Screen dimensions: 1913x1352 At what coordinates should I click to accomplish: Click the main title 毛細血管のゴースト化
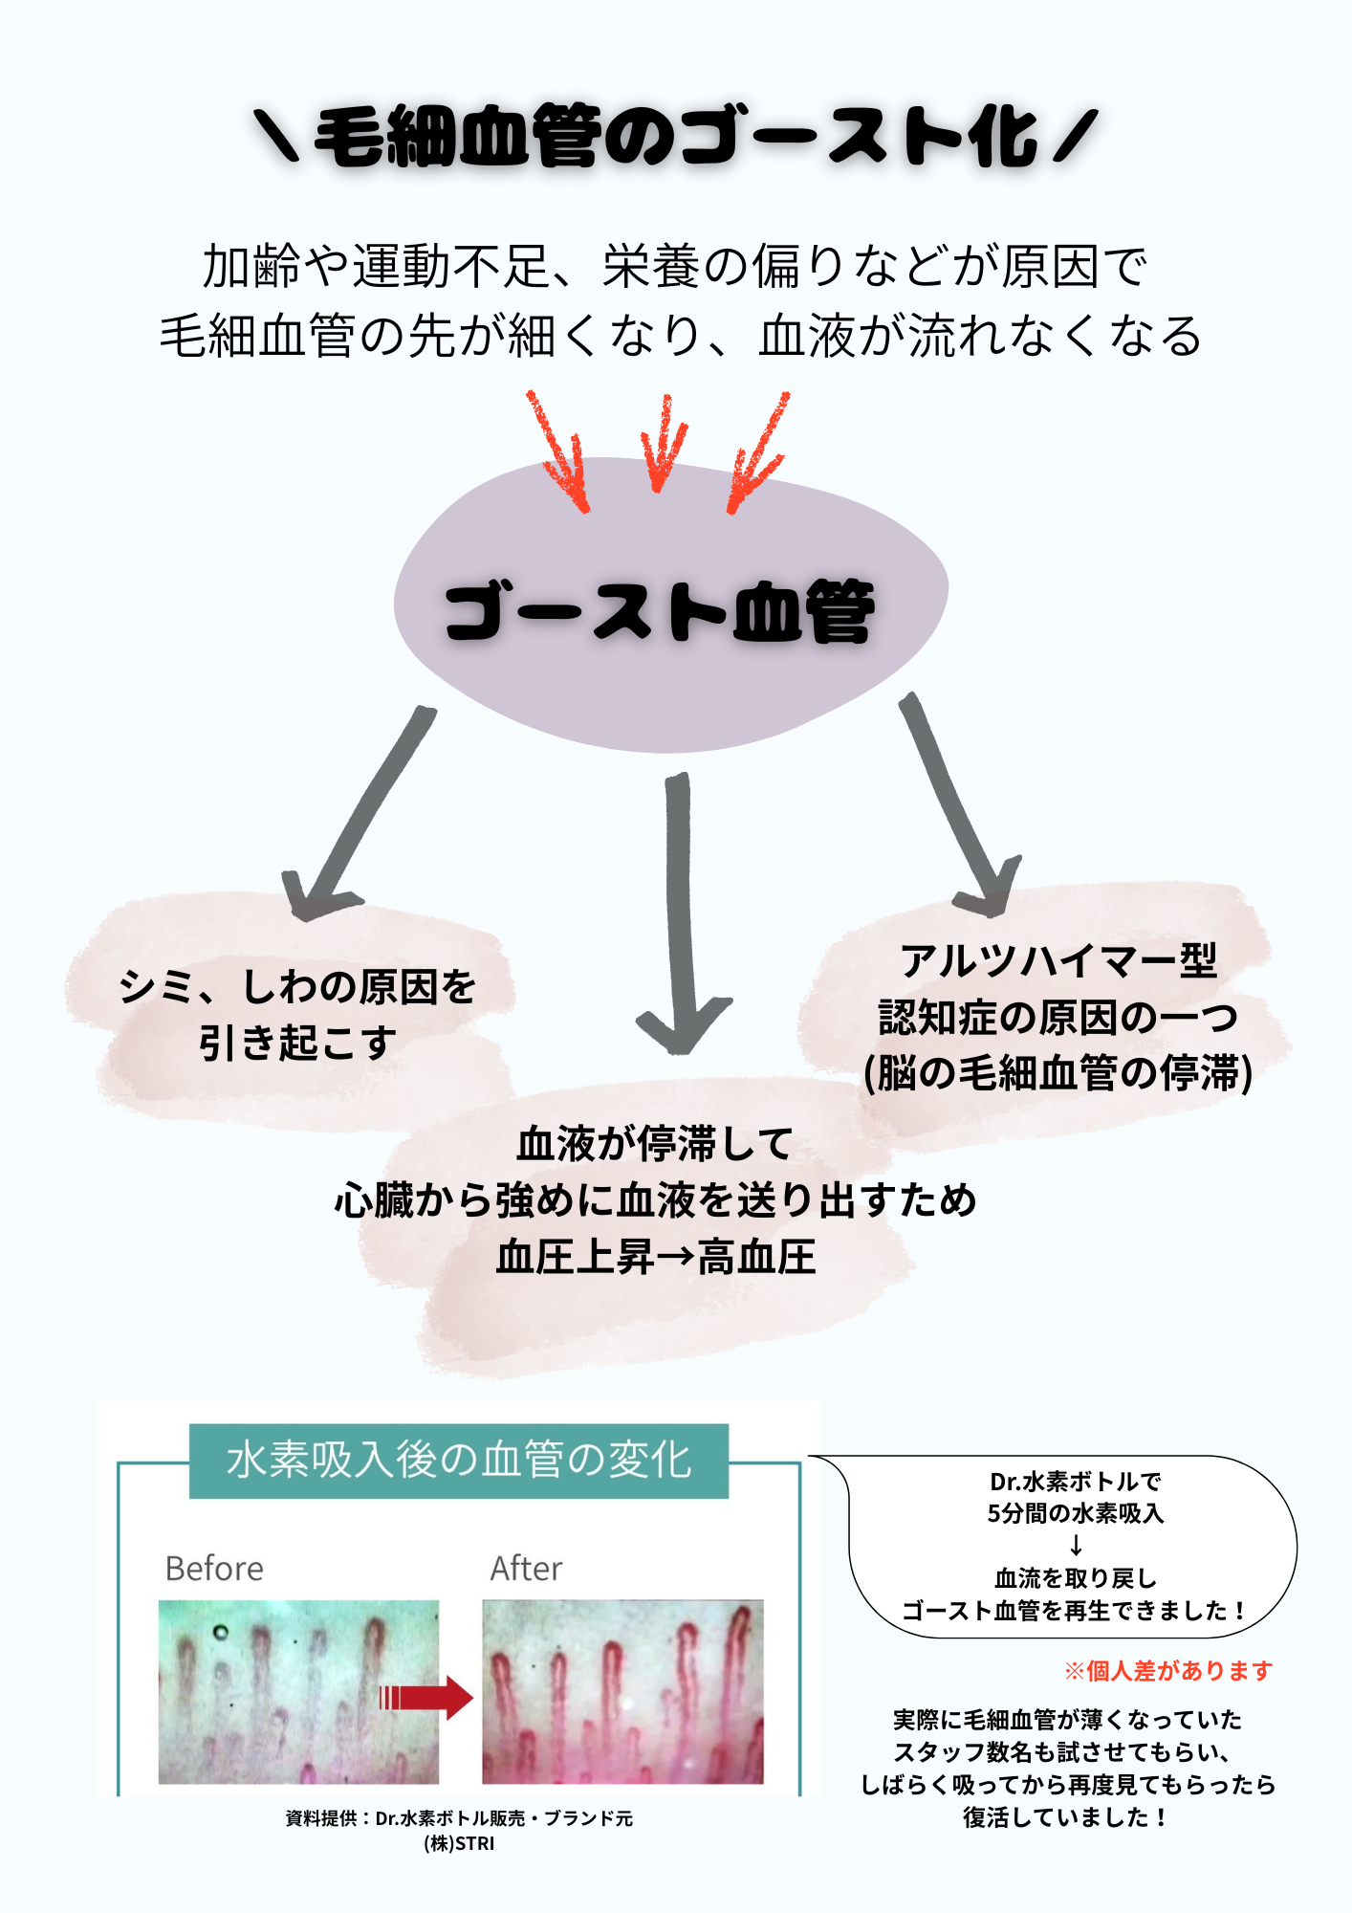click(x=675, y=137)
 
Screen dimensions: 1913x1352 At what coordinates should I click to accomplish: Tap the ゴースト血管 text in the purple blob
click(x=660, y=611)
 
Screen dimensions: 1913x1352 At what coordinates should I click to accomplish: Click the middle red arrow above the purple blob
click(x=661, y=446)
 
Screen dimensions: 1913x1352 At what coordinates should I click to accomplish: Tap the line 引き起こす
click(x=297, y=1043)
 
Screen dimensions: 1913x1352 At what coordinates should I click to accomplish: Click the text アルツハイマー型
click(x=1058, y=960)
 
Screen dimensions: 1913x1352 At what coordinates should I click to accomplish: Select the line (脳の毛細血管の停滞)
click(x=1058, y=1073)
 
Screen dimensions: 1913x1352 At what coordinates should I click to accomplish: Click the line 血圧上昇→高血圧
click(x=656, y=1257)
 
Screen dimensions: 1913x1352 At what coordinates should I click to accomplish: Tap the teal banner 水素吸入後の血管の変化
click(x=459, y=1461)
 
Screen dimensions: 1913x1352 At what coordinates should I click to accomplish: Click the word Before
click(x=214, y=1569)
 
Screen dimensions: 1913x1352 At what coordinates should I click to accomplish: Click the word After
click(x=526, y=1569)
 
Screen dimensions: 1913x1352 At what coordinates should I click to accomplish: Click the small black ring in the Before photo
click(x=221, y=1632)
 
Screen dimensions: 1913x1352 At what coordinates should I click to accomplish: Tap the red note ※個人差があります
click(x=1168, y=1671)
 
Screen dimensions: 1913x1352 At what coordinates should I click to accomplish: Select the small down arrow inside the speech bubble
click(x=1076, y=1546)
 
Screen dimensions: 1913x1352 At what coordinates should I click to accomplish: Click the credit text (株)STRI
click(x=459, y=1843)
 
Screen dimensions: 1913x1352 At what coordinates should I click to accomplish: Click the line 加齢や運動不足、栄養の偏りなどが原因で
click(x=674, y=266)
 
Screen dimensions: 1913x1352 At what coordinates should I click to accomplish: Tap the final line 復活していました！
click(x=1066, y=1817)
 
